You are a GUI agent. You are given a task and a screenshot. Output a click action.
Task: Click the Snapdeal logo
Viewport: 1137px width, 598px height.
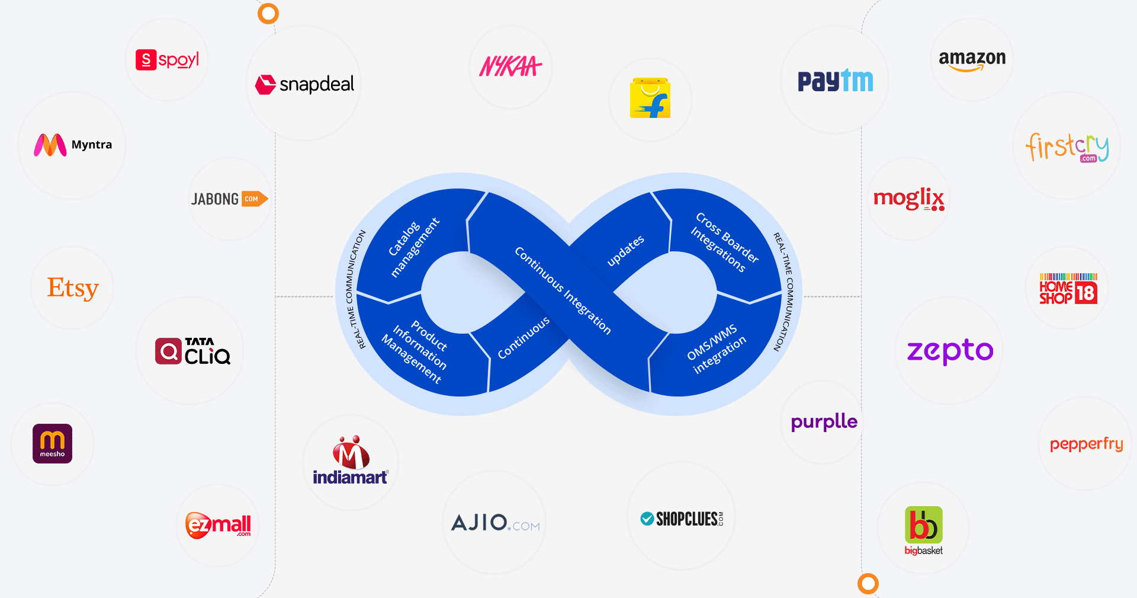click(304, 84)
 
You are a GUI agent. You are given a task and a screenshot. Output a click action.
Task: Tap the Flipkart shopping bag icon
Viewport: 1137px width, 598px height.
click(650, 98)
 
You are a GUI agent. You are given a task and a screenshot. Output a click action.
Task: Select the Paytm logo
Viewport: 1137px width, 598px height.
click(835, 81)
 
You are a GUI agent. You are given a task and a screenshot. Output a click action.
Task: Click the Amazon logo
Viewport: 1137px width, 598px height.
click(972, 60)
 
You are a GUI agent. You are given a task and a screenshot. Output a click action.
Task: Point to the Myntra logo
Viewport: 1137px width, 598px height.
click(72, 145)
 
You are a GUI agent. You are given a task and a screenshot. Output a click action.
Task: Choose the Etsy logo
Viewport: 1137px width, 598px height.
click(73, 288)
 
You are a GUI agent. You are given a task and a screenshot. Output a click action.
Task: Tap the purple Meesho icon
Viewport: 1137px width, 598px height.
click(52, 443)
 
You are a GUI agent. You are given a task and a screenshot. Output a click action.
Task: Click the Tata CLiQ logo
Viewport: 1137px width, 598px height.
click(192, 351)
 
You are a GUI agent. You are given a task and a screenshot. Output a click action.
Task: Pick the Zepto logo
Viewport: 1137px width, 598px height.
click(950, 351)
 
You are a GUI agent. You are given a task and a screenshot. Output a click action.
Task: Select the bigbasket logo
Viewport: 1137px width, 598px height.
click(923, 530)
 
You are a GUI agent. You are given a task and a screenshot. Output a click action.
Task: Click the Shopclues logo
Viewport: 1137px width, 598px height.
click(682, 519)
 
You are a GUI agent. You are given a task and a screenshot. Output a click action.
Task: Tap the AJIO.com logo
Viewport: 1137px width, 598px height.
click(495, 523)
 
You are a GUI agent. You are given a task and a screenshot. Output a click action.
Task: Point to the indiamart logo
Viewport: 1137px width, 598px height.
click(351, 462)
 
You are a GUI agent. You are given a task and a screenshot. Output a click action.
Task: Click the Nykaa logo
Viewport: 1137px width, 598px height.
click(510, 66)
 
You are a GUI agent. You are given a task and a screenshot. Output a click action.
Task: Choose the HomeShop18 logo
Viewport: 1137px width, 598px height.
click(1068, 289)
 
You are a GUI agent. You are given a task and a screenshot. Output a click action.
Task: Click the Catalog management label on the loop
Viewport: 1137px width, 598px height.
click(414, 247)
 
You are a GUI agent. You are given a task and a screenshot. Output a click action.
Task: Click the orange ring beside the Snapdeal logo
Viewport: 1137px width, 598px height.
click(268, 13)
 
